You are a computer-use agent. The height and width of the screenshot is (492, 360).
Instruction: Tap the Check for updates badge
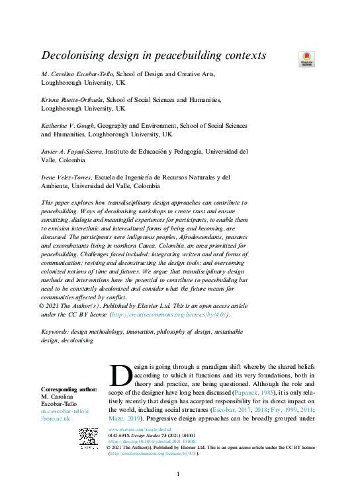[306, 59]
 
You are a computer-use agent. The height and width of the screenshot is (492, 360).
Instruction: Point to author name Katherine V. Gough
[73, 125]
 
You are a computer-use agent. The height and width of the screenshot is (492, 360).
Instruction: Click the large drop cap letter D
[121, 375]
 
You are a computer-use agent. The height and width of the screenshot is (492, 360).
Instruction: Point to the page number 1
[179, 475]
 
